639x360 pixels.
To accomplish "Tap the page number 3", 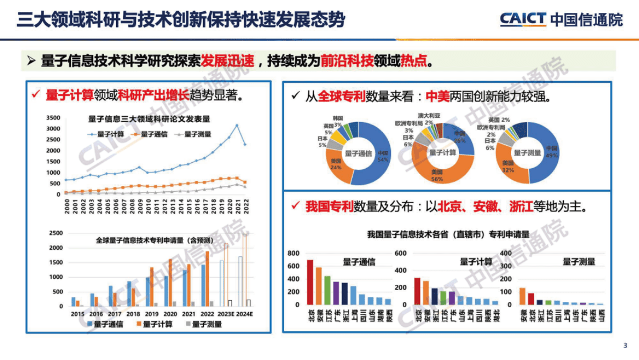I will tap(625, 345).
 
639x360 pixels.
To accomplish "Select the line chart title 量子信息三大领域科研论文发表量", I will tap(149, 119).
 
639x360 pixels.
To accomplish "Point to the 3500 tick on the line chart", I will tap(53, 118).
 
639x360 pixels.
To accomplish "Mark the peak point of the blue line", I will tap(237, 125).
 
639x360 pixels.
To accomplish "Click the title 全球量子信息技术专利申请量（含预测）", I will tap(153, 240).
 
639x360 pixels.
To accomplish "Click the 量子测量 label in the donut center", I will tap(527, 153).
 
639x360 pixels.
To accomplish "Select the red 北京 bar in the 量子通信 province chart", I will tap(310, 282).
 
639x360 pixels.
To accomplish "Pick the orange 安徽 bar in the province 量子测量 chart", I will tap(522, 296).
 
